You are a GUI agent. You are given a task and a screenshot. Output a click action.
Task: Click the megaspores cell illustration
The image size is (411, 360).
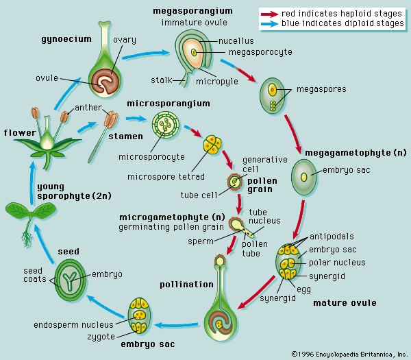pos(273,97)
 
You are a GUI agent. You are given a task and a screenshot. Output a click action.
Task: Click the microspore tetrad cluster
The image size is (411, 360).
pos(210,144)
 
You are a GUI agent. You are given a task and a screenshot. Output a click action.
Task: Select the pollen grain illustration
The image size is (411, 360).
pos(236,182)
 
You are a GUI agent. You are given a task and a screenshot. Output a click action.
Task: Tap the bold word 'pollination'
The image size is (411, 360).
pos(180,284)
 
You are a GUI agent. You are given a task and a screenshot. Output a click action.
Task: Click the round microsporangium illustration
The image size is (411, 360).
pos(166,126)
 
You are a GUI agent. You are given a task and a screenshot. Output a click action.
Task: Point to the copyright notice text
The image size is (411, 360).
pos(349,354)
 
